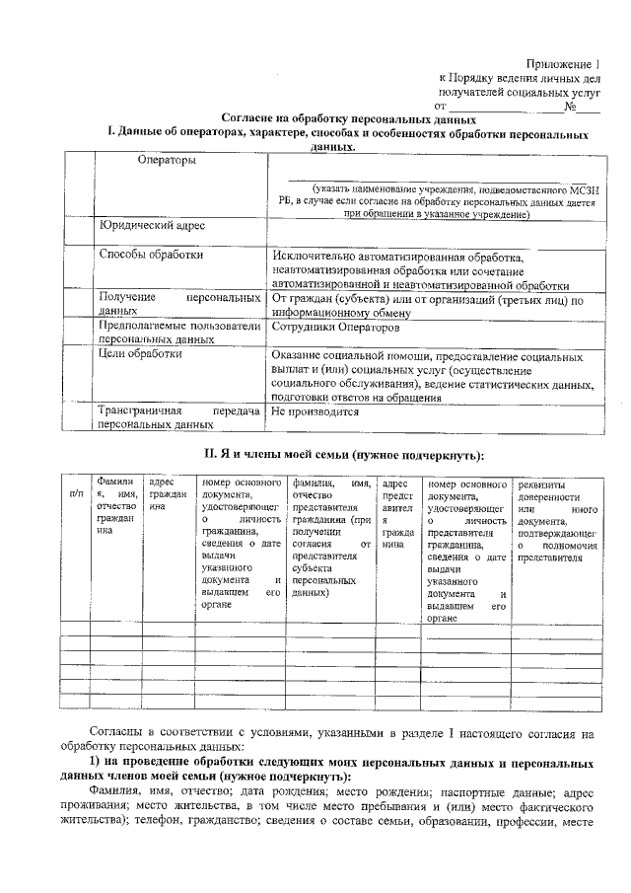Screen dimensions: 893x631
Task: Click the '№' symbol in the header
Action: pyautogui.click(x=570, y=106)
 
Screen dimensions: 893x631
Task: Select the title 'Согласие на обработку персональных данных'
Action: pyautogui.click(x=336, y=117)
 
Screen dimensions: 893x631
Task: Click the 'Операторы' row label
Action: pyautogui.click(x=166, y=160)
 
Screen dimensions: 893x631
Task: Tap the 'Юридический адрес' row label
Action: pyautogui.click(x=152, y=225)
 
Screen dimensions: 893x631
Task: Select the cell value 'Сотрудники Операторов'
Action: pyautogui.click(x=335, y=326)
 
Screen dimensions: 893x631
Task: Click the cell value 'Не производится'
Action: pyautogui.click(x=315, y=411)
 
